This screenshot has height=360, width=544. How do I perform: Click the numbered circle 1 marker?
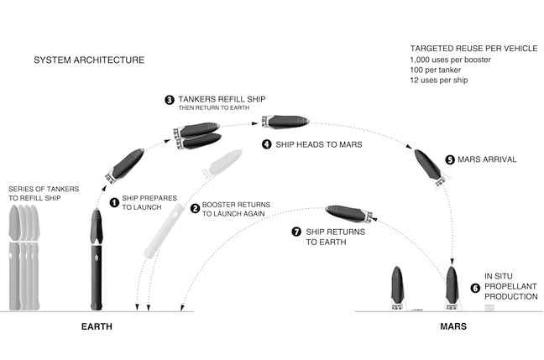coord(114,202)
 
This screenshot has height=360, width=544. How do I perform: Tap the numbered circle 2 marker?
coord(196,209)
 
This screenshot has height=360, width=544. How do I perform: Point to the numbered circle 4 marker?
coord(267,144)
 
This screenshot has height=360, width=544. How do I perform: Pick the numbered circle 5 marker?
coord(450,159)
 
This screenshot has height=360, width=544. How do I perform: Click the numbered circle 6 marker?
coord(475,287)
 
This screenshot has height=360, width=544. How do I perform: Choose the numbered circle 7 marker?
coord(296,231)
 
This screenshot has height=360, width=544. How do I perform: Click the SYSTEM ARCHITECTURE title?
coord(88,60)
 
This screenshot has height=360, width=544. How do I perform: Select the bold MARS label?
coord(453,325)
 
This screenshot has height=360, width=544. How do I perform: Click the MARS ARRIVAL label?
coord(492,159)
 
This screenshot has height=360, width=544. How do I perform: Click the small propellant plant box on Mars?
coord(490,308)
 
